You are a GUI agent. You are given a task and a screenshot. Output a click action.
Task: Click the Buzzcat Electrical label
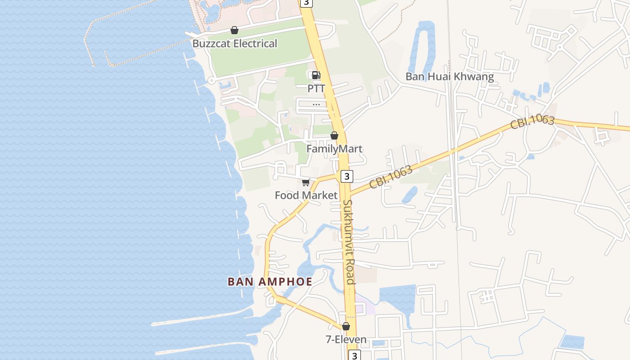click(234, 44)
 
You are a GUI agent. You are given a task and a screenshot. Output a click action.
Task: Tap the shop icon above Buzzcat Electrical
click(234, 31)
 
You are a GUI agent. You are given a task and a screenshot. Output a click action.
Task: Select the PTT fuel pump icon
click(316, 75)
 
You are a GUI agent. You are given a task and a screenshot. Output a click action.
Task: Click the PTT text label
click(316, 89)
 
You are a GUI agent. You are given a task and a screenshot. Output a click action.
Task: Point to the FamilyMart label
click(334, 149)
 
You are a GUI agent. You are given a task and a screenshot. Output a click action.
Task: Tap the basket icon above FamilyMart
click(334, 135)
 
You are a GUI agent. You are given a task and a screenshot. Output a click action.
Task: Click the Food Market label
click(306, 195)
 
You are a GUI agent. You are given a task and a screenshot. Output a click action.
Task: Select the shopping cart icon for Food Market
click(306, 182)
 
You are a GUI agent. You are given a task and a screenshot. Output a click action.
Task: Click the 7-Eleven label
click(346, 340)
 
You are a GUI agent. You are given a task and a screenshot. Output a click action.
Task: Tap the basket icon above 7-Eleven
click(346, 326)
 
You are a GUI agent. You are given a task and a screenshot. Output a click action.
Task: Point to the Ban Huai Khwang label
click(450, 76)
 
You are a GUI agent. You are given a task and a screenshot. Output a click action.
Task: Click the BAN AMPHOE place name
click(270, 282)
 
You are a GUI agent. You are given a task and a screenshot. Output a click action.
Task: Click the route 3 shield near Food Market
click(346, 176)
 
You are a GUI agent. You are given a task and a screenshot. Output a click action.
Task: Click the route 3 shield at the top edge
click(306, 2)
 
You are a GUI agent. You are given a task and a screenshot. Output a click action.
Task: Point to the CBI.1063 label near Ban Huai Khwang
click(532, 122)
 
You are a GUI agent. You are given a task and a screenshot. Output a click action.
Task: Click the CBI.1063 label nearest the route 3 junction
click(391, 177)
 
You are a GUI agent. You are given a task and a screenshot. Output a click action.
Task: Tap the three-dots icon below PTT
click(316, 104)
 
